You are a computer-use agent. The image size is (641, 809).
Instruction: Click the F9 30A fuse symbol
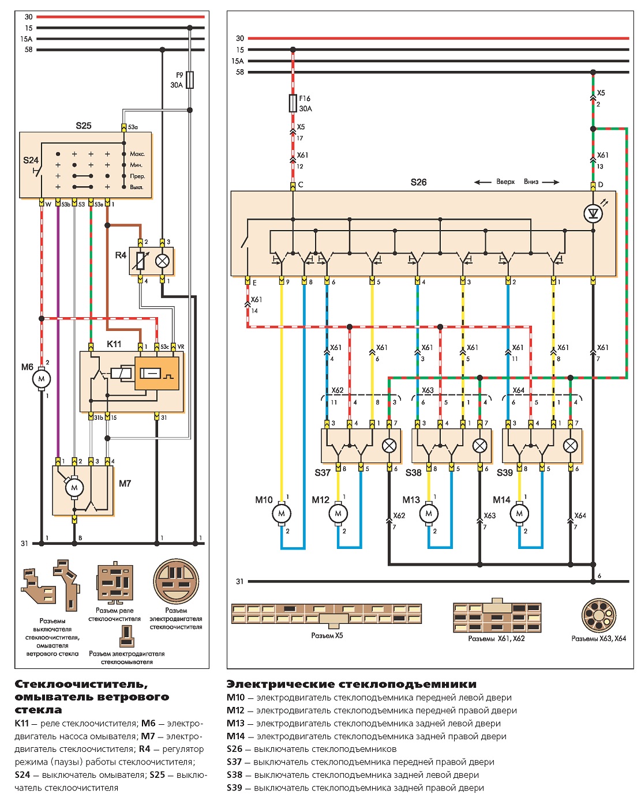pos(190,80)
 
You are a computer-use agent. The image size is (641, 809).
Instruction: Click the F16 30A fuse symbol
pos(293,103)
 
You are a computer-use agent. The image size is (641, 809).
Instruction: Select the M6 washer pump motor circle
pos(42,379)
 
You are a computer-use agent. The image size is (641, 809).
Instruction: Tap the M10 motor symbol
pos(282,514)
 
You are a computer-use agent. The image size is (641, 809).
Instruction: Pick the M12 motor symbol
pos(338,514)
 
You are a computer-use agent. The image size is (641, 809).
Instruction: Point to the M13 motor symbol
pos(429,514)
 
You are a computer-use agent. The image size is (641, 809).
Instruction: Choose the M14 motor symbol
pos(519,514)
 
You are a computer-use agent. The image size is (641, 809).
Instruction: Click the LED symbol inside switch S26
pos(593,213)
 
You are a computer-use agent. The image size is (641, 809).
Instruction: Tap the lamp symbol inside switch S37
pos(389,446)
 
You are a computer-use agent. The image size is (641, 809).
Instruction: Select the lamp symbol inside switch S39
pos(570,446)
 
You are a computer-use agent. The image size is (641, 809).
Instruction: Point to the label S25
pos(84,126)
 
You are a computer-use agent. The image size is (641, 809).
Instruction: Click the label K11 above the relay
pos(114,344)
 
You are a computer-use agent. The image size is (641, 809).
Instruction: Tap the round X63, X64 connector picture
pos(598,615)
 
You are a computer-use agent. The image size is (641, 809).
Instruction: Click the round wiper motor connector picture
pos(176,581)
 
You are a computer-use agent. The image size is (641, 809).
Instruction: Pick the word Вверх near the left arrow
pos(505,182)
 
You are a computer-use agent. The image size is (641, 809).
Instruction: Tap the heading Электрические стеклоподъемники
pos(351,684)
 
